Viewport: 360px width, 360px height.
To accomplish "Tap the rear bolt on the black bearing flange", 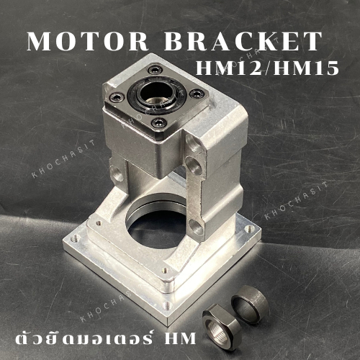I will click(153, 70).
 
